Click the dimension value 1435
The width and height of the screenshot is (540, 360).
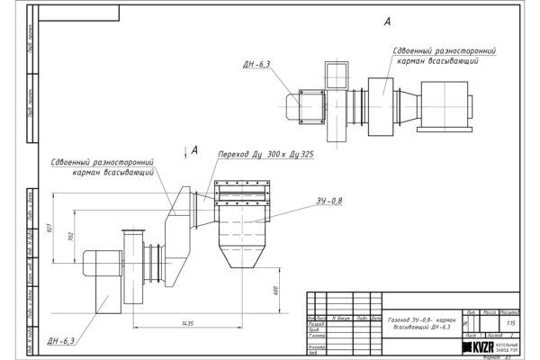tap(187, 321)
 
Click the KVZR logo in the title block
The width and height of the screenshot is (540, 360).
tap(473, 346)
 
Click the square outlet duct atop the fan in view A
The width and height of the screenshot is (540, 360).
tap(337, 71)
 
